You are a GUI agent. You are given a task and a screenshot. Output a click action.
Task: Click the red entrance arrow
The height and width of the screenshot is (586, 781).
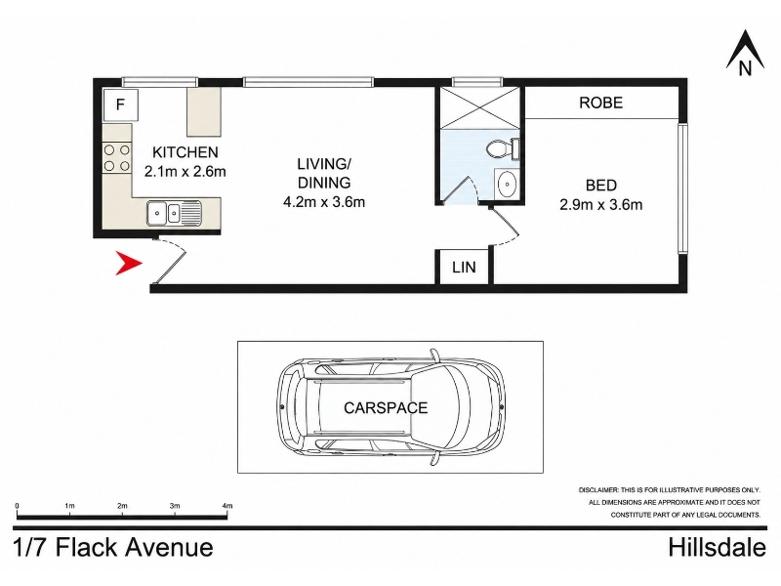(x=128, y=264)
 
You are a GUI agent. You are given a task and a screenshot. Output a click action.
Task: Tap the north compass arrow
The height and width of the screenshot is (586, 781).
(x=745, y=50)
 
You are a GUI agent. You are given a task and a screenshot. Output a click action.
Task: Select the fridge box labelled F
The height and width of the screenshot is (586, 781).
(x=120, y=105)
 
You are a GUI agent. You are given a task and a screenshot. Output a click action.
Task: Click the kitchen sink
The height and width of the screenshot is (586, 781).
(x=174, y=213)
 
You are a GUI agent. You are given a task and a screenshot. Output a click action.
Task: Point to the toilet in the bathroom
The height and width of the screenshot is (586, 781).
(x=503, y=149)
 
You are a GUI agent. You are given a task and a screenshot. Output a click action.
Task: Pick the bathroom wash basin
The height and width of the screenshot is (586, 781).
(x=507, y=185)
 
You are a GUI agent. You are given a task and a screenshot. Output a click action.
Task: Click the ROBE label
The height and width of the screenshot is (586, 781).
(x=600, y=103)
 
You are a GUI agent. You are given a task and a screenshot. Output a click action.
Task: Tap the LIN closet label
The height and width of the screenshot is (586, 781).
(x=464, y=267)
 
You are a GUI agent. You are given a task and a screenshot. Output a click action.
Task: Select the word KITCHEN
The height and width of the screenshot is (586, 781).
(x=185, y=152)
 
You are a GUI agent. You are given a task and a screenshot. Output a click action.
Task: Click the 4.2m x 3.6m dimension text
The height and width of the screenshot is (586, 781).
(x=324, y=202)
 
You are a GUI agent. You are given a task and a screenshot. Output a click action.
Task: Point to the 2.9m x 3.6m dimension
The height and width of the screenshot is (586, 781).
(x=600, y=204)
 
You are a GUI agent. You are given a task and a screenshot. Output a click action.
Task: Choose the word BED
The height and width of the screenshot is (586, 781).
(x=601, y=186)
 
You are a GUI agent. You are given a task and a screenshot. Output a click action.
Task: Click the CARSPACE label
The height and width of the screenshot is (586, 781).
(x=386, y=408)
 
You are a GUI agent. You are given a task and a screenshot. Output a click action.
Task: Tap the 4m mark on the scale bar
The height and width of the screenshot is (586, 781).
(x=227, y=506)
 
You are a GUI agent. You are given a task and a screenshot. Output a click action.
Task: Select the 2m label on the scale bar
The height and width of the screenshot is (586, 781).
(x=122, y=506)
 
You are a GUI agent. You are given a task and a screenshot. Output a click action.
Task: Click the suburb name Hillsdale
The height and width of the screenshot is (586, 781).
(x=718, y=548)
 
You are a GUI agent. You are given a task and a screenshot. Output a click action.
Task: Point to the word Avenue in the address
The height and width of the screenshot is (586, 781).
(x=169, y=548)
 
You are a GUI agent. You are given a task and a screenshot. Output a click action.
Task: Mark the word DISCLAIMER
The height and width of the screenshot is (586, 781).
(x=598, y=490)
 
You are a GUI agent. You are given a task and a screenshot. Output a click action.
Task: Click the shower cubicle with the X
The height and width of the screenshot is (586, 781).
(x=479, y=108)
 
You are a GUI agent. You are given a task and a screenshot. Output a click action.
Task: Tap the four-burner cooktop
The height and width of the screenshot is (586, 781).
(x=117, y=157)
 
